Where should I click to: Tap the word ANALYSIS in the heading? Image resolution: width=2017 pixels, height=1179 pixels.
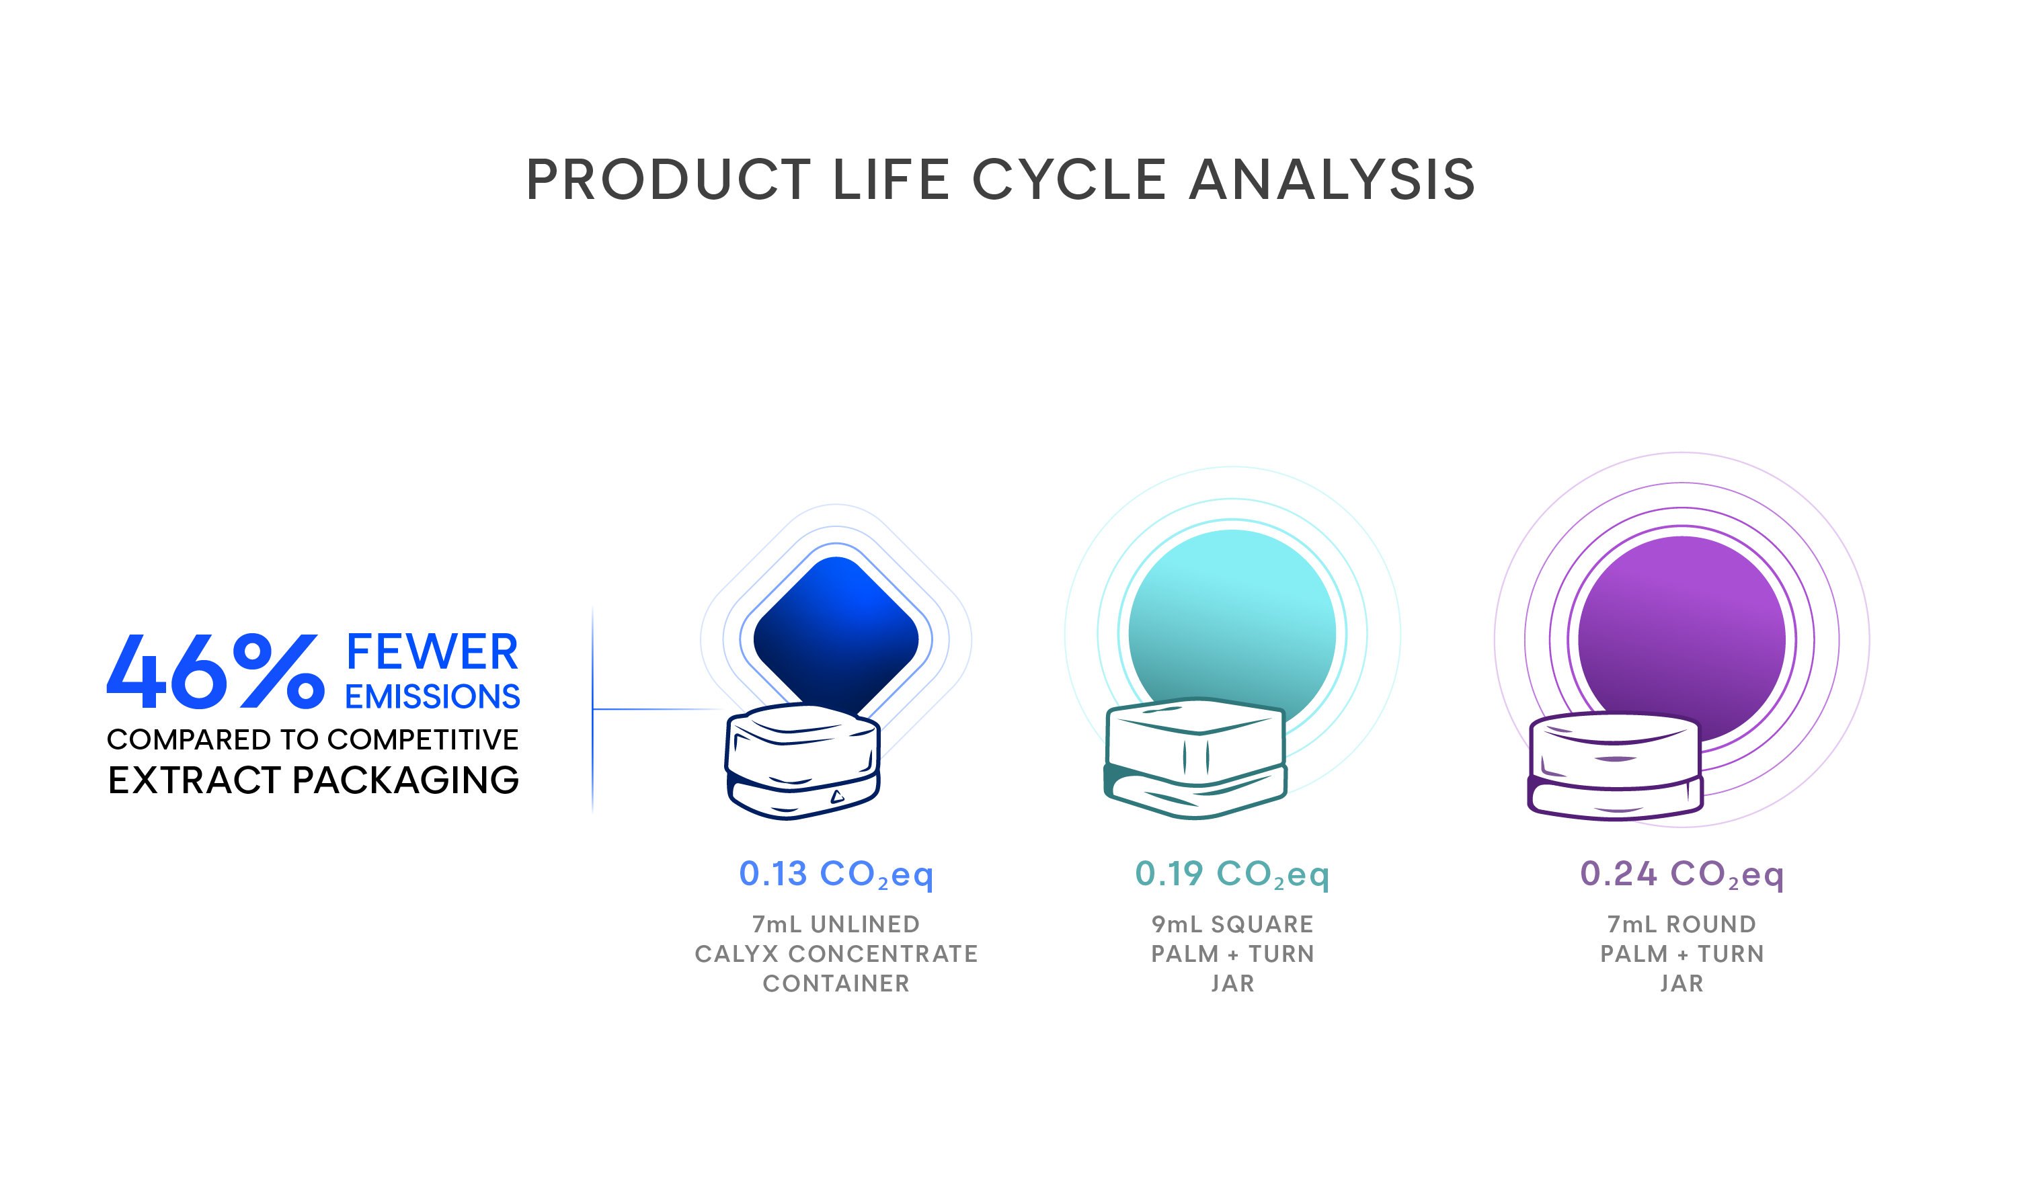point(1333,179)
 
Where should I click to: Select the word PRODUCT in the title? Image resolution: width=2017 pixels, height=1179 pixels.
point(668,179)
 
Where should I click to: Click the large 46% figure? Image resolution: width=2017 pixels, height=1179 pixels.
point(216,672)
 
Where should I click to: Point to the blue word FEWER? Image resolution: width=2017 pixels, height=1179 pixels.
point(432,651)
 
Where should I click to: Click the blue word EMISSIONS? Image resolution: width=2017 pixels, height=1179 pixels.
point(432,696)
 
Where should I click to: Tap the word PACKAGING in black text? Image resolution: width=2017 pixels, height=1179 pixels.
point(406,780)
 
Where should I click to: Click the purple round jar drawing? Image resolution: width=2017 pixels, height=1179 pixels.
point(1615,767)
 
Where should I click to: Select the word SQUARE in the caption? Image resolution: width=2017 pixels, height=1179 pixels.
point(1262,924)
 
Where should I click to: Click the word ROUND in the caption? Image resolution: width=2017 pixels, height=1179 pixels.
point(1711,924)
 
